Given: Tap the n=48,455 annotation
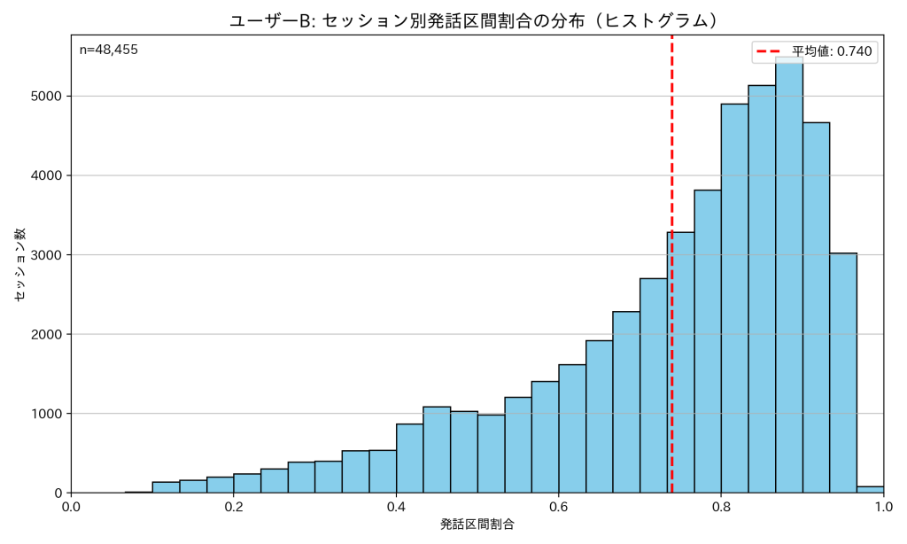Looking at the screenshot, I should (109, 50).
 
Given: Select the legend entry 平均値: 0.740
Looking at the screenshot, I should (813, 51).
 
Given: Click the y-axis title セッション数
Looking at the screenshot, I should (19, 264).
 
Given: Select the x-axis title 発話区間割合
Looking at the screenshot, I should (477, 525).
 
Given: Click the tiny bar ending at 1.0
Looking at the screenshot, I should (871, 489).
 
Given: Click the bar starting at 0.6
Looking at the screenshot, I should (571, 430).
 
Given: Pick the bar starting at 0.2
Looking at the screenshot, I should (247, 484).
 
